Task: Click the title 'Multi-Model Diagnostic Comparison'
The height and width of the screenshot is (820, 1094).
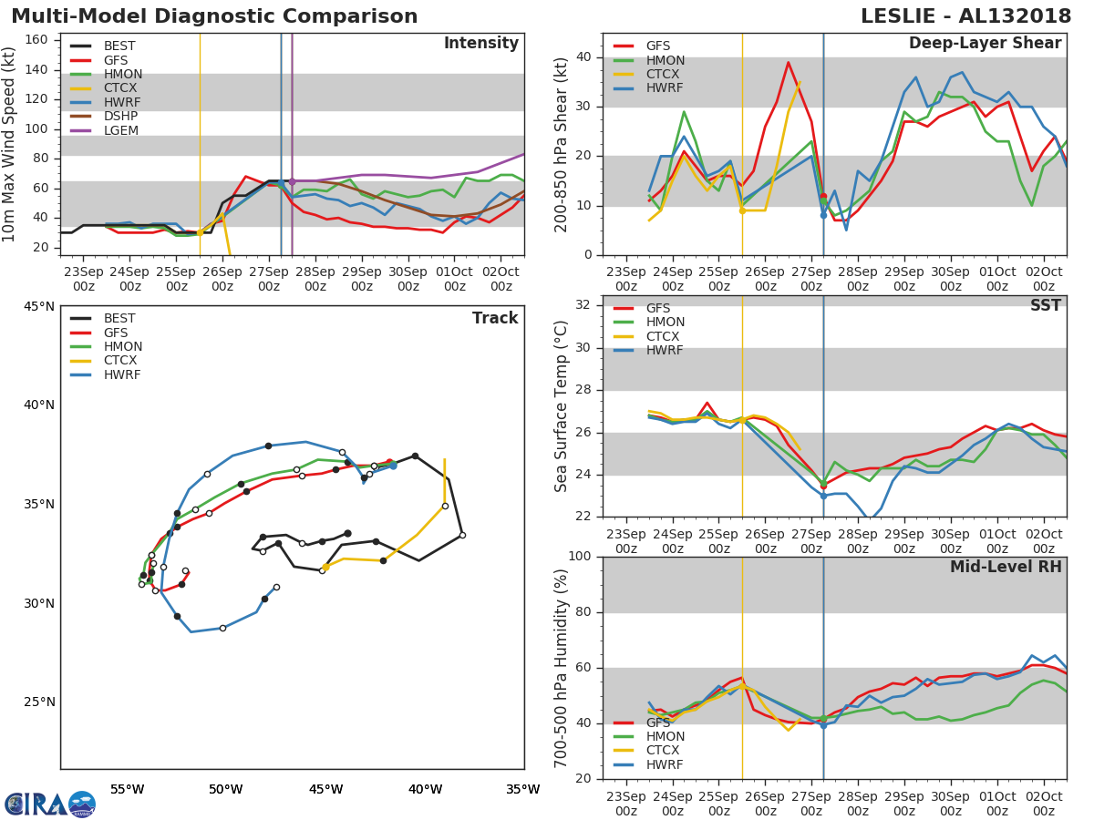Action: [214, 16]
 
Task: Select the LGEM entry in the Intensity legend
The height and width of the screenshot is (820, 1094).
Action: [120, 131]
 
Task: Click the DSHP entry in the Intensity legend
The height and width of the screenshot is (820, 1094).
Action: [120, 117]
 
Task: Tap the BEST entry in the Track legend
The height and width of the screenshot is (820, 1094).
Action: [119, 319]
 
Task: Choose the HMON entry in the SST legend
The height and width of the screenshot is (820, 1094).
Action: [665, 323]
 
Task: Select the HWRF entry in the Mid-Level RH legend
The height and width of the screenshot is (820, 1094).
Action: [665, 765]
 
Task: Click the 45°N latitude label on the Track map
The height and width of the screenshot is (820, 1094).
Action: [38, 306]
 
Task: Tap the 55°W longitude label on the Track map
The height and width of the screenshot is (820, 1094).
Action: [128, 789]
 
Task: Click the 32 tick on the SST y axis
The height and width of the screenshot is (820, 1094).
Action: [583, 305]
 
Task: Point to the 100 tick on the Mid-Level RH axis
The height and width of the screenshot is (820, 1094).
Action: [580, 557]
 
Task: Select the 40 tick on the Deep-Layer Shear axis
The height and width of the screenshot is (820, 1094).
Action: [583, 57]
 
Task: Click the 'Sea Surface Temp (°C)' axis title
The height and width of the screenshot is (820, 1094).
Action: [562, 406]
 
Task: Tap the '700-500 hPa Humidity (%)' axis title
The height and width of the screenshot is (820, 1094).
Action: [562, 668]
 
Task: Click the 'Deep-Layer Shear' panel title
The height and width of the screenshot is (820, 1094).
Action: [985, 44]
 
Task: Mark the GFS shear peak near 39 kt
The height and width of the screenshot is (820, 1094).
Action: [789, 62]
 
